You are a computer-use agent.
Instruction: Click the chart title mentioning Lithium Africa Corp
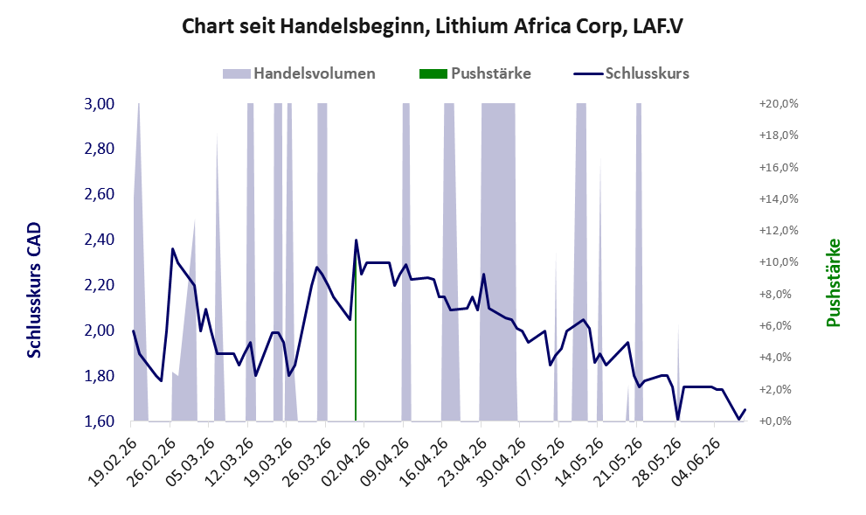(433, 26)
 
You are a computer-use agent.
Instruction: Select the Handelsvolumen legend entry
(299, 73)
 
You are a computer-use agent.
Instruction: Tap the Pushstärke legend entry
(475, 73)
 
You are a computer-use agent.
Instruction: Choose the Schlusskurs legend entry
(631, 73)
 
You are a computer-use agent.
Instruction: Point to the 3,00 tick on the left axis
(99, 104)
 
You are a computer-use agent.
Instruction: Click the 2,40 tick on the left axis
(99, 240)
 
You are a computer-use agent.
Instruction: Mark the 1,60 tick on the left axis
(99, 421)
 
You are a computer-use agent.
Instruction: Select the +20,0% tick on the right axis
(779, 104)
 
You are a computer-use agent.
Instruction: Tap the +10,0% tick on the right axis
(779, 262)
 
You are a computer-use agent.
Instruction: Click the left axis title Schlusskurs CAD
(34, 289)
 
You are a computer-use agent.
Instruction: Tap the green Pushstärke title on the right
(834, 282)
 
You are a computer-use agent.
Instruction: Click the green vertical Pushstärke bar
(355, 343)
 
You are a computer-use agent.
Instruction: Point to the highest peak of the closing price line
(356, 240)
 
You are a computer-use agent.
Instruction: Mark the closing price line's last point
(745, 409)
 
